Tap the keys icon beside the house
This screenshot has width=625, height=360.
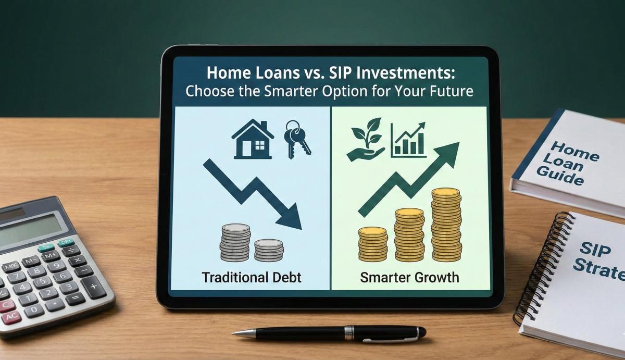(x=296, y=138)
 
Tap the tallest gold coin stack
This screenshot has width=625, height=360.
(x=446, y=224)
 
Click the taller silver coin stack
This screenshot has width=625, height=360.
(x=236, y=242)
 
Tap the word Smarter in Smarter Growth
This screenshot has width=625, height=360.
(x=383, y=277)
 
